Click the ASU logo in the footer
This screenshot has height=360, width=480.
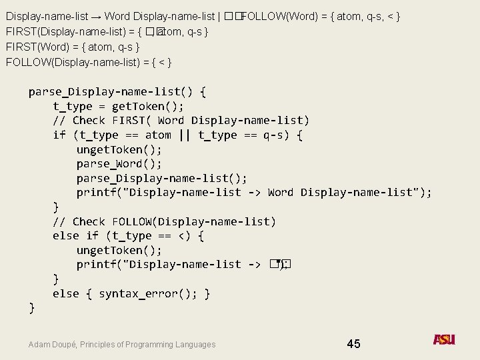pyautogui.click(x=444, y=340)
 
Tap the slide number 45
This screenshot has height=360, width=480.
pyautogui.click(x=353, y=344)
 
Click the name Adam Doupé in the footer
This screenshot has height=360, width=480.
pyautogui.click(x=54, y=345)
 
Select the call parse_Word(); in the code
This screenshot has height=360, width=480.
pyautogui.click(x=119, y=164)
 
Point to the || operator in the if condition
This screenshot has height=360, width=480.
pyautogui.click(x=183, y=135)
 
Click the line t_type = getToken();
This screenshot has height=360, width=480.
pyautogui.click(x=119, y=107)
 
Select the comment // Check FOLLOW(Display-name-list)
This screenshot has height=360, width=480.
pyautogui.click(x=164, y=222)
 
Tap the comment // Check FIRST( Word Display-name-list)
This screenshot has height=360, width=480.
pyautogui.click(x=181, y=121)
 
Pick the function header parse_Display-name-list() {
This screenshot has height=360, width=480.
pyautogui.click(x=117, y=92)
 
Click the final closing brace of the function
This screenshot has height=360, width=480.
pyautogui.click(x=31, y=308)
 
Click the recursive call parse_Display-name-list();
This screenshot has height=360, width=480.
pyautogui.click(x=162, y=179)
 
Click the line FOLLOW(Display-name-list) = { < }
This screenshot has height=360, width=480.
pyautogui.click(x=89, y=63)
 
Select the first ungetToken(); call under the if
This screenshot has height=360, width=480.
pyautogui.click(x=119, y=150)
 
